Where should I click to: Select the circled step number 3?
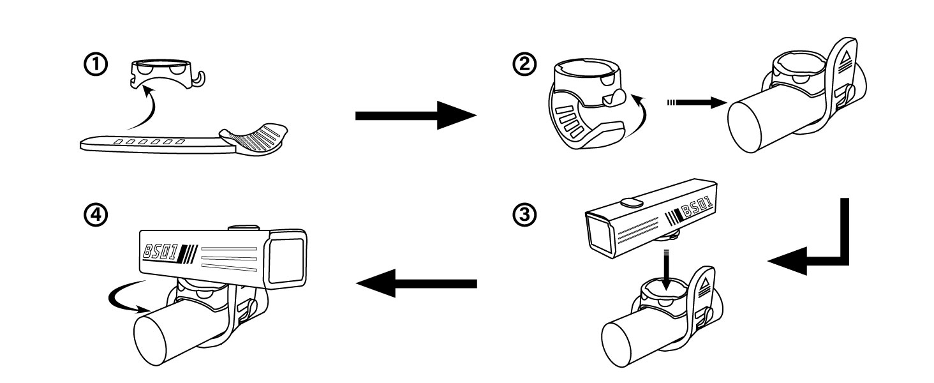click(x=528, y=216)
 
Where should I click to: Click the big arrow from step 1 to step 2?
click(x=415, y=116)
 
